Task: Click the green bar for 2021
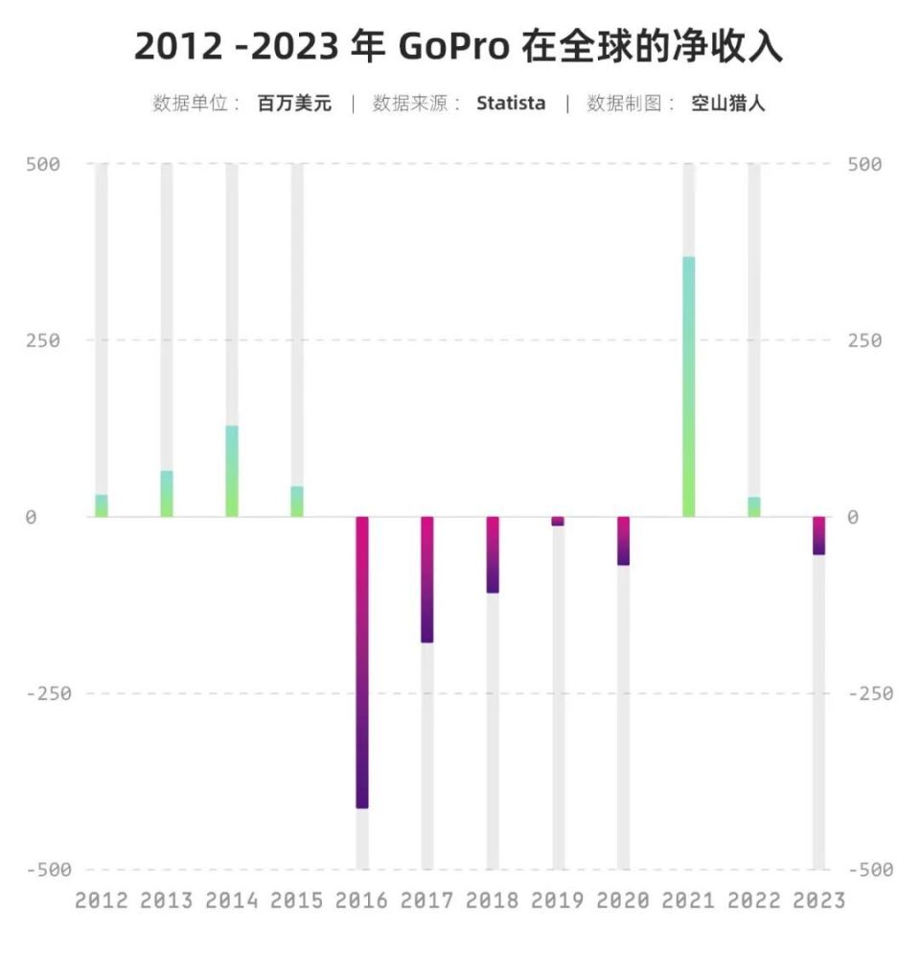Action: coord(688,386)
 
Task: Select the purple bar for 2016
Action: coord(362,662)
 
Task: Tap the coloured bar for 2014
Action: coord(232,471)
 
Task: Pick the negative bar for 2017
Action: coord(427,579)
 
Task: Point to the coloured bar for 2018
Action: coord(493,554)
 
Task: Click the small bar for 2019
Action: coord(558,521)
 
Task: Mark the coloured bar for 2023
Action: coord(818,535)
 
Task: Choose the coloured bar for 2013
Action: coord(167,494)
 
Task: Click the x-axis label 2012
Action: coord(101,901)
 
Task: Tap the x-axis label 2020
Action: coord(623,901)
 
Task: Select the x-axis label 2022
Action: coord(753,901)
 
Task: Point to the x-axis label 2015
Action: coord(297,901)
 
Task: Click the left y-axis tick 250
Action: coord(43,340)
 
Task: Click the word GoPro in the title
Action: coord(459,47)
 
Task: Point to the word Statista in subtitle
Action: coord(511,104)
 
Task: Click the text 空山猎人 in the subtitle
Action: coord(728,104)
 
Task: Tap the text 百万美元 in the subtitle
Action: coord(294,104)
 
